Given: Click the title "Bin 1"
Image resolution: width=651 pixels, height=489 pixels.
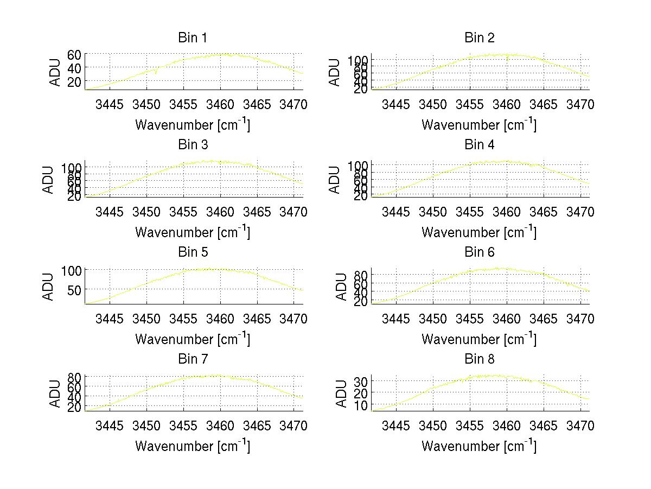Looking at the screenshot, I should (193, 38).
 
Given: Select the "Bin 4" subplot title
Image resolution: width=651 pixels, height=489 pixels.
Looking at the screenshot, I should (480, 145).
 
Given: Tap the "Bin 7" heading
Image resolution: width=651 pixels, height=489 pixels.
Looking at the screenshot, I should (193, 359).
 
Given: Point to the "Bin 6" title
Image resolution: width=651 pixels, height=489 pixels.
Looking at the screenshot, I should (480, 252).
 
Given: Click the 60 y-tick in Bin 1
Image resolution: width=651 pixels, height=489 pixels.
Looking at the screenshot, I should (74, 54).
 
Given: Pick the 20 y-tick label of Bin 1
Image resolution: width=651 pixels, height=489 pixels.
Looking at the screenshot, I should (74, 81).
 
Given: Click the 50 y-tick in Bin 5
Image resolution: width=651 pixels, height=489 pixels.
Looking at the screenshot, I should (74, 290).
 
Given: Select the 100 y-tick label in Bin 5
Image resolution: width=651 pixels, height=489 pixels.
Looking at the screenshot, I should (72, 270).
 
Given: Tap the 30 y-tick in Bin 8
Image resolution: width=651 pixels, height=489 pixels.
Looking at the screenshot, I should (361, 382).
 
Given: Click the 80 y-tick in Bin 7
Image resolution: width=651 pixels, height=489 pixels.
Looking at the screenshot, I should (74, 377).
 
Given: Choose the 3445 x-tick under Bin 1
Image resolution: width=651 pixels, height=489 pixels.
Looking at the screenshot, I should (110, 104).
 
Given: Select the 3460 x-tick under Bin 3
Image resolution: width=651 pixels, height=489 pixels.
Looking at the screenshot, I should (220, 211).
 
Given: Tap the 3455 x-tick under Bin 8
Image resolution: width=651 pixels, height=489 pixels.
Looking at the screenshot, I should (470, 426).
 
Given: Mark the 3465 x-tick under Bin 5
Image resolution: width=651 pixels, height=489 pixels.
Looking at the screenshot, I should (257, 319).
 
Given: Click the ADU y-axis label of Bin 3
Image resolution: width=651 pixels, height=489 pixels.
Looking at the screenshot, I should (49, 180).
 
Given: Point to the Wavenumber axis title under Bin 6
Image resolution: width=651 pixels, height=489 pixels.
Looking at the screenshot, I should (480, 339).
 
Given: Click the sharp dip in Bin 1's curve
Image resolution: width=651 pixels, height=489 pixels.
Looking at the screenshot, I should (156, 73).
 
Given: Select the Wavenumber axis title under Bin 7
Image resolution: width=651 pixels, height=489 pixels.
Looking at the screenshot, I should (193, 446).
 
